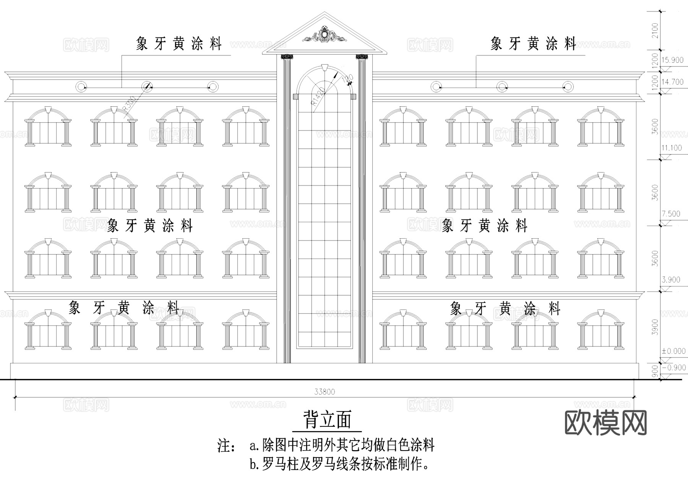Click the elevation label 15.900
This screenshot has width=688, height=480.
[672, 60]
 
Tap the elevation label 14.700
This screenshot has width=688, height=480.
[672, 82]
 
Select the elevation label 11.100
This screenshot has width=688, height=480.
[672, 148]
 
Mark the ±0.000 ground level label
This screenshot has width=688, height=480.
[673, 351]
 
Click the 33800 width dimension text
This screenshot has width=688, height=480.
[325, 392]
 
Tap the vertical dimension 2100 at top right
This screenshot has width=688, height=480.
[655, 31]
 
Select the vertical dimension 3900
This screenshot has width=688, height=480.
[655, 327]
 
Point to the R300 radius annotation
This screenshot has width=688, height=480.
[129, 106]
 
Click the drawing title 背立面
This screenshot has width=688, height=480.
[327, 420]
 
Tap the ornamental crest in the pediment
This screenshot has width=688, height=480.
[325, 35]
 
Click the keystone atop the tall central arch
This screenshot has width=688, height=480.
[325, 68]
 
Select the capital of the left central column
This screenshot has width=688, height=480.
[286, 57]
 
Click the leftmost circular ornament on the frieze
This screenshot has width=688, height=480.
[81, 87]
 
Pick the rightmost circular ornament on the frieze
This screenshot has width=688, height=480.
[568, 87]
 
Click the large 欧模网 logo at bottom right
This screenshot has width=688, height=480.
[605, 423]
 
